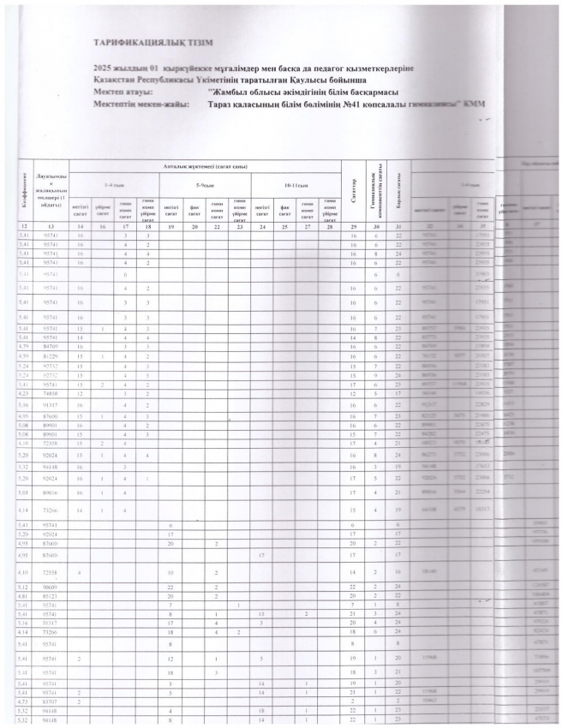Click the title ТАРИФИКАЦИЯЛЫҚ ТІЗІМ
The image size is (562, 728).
[x=154, y=43]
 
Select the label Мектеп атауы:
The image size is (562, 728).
[x=124, y=90]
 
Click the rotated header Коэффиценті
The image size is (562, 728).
[x=22, y=190]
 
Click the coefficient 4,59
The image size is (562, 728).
[x=24, y=355]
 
